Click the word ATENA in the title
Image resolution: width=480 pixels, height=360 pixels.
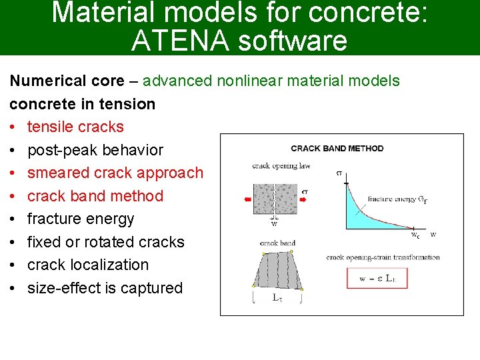click(x=171, y=41)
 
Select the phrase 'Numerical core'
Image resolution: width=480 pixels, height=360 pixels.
click(x=67, y=81)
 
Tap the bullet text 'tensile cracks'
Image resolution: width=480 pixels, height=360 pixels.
click(x=75, y=127)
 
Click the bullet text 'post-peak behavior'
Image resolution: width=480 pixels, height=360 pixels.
click(x=95, y=150)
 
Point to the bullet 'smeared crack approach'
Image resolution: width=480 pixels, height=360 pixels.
click(x=115, y=173)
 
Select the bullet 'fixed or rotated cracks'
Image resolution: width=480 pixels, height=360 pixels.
click(x=105, y=242)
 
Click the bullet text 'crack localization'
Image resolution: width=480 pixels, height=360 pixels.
click(x=88, y=265)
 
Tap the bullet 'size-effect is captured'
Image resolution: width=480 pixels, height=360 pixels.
click(x=105, y=288)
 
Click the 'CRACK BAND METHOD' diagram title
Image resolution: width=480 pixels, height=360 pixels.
click(x=337, y=148)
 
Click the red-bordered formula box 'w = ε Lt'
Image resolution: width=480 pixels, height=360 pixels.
click(x=377, y=278)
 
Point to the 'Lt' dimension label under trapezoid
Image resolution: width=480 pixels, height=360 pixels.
click(x=277, y=298)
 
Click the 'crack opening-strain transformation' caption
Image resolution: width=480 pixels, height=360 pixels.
click(x=383, y=257)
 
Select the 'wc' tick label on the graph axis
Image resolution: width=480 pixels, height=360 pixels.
click(x=415, y=235)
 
